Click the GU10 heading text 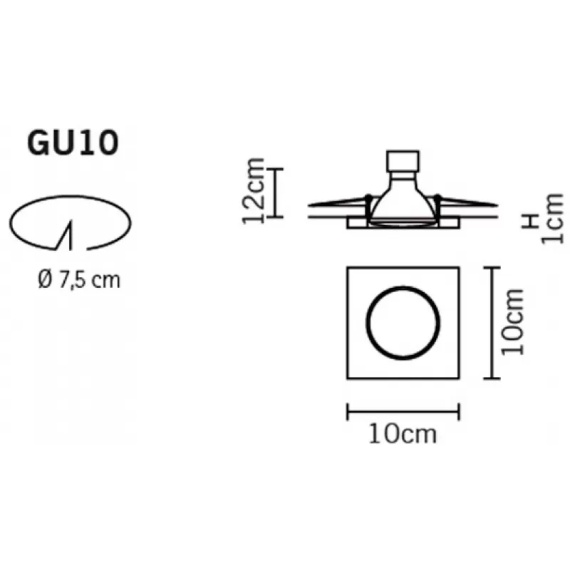click(x=73, y=143)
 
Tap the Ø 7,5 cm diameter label click(x=79, y=280)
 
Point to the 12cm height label click(x=253, y=191)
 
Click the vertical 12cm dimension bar click(x=275, y=193)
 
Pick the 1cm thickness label click(x=553, y=219)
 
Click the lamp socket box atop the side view click(x=403, y=161)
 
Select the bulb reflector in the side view click(x=403, y=200)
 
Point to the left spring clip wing click(x=338, y=202)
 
